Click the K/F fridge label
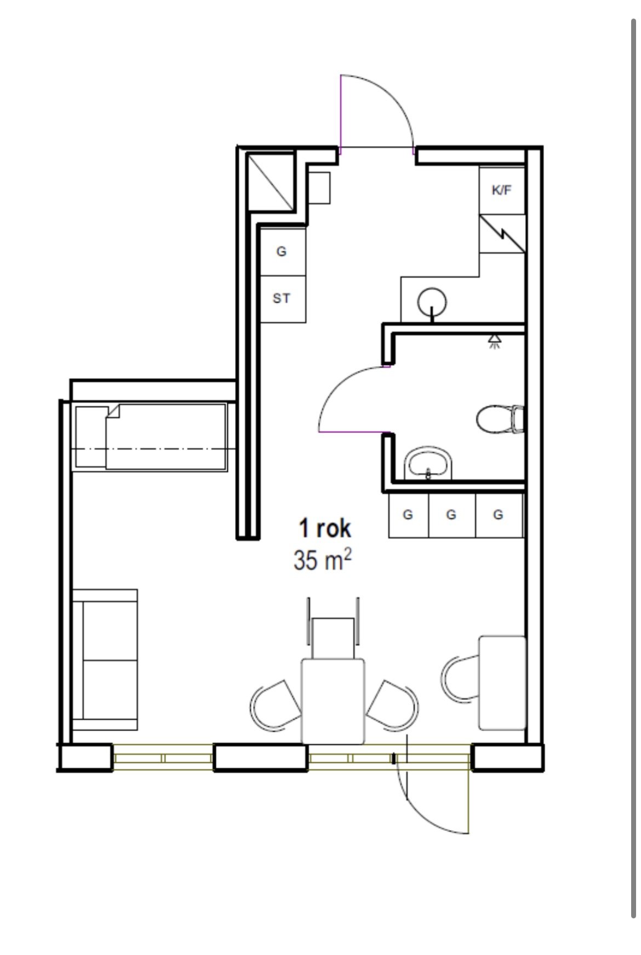point(501,190)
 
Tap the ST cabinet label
point(281,299)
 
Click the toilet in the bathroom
point(500,419)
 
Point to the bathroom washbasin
point(428,464)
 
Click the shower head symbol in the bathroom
point(495,340)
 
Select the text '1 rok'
point(324,529)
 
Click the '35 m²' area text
point(322,560)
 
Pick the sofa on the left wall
point(105,659)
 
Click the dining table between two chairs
point(333,701)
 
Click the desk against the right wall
point(502,682)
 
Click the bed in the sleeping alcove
point(150,437)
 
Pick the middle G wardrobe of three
point(451,515)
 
